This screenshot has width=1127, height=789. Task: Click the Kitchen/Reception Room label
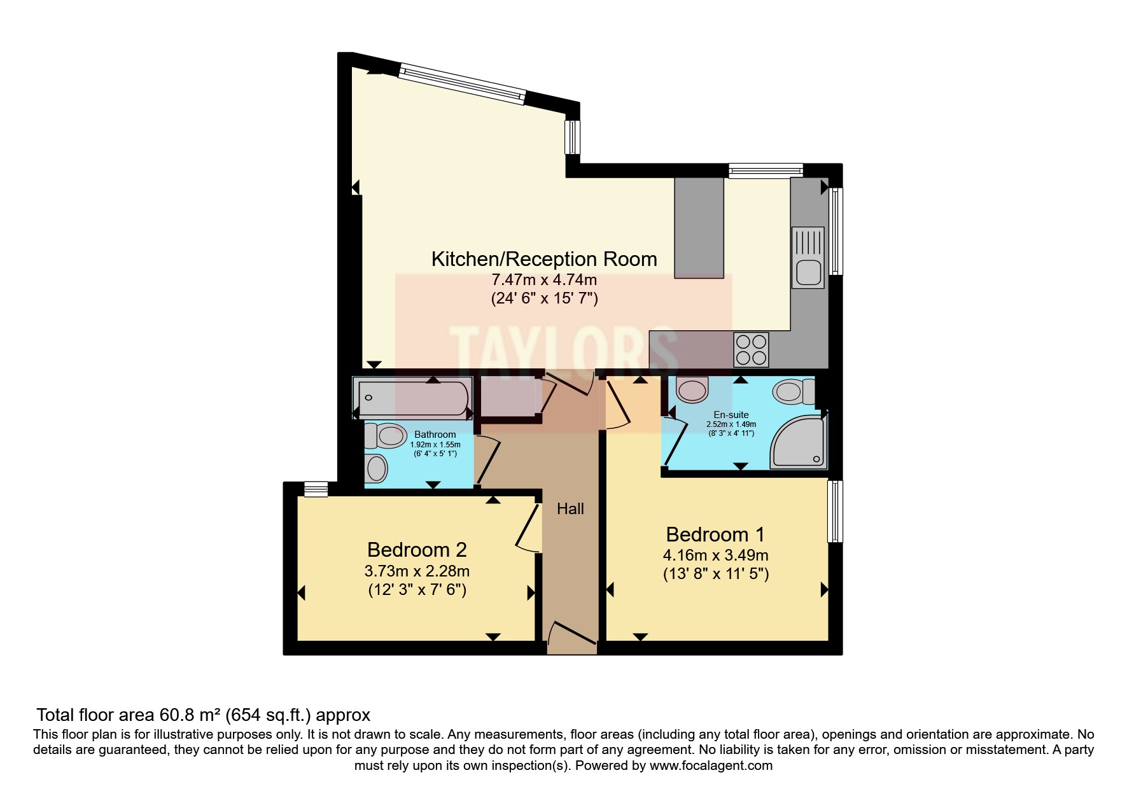point(543,259)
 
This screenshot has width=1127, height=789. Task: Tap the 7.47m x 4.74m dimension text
point(543,279)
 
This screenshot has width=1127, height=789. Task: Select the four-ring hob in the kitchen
point(750,349)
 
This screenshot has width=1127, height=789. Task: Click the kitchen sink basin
point(808,272)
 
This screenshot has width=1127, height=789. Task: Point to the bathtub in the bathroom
point(412,398)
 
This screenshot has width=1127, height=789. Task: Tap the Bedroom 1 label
point(715,534)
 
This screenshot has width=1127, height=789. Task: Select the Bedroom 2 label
point(417,549)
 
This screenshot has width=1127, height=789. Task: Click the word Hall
point(570,508)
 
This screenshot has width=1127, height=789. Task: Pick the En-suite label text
point(731,415)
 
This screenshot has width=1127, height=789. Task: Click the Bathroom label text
point(435,435)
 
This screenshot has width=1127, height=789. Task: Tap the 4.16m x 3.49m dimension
point(715,555)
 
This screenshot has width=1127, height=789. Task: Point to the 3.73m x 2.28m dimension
point(417,570)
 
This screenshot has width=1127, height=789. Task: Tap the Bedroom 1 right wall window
point(835,511)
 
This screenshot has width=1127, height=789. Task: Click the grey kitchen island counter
point(699,228)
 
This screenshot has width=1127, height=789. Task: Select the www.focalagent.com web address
point(711,765)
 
